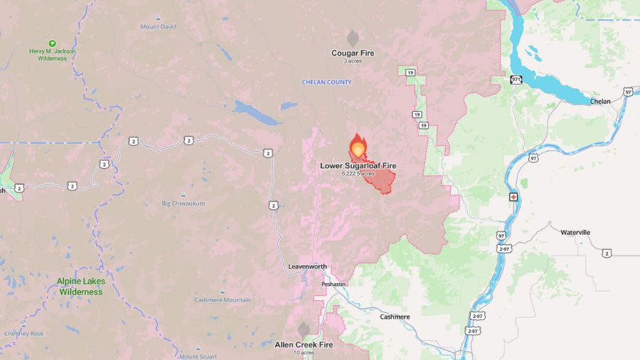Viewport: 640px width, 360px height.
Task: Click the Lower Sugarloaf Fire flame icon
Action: pyautogui.click(x=358, y=147)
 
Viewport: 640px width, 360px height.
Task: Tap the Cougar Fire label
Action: pyautogui.click(x=353, y=53)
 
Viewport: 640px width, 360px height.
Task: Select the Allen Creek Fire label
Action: pyautogui.click(x=304, y=345)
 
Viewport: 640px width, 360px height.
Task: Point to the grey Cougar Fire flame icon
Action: pyautogui.click(x=353, y=38)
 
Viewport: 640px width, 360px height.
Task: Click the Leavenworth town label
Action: pyautogui.click(x=308, y=267)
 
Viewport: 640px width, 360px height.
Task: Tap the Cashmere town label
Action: pyautogui.click(x=395, y=317)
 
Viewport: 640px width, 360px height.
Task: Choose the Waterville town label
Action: pyautogui.click(x=575, y=233)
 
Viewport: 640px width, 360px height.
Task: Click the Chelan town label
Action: pyautogui.click(x=600, y=101)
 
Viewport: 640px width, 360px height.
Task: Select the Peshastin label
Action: pyautogui.click(x=333, y=283)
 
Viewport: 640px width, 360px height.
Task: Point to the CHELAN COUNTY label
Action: pyautogui.click(x=327, y=83)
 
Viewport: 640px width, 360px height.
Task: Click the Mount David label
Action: pyautogui.click(x=158, y=27)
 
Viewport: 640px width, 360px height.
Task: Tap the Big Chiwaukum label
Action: pyautogui.click(x=183, y=203)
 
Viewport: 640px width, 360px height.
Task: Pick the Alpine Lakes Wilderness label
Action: pyautogui.click(x=81, y=286)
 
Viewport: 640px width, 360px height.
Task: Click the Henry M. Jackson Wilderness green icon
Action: pyautogui.click(x=52, y=43)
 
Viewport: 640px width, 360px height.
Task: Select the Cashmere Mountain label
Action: pyautogui.click(x=223, y=300)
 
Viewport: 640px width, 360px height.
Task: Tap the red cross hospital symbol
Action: pyautogui.click(x=513, y=196)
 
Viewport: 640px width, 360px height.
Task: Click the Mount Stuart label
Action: pyautogui.click(x=198, y=356)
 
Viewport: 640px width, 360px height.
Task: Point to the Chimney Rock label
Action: pyautogui.click(x=23, y=333)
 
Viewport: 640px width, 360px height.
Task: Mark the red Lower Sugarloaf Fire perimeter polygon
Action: pyautogui.click(x=380, y=180)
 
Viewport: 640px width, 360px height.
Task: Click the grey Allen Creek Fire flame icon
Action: pyautogui.click(x=304, y=329)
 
